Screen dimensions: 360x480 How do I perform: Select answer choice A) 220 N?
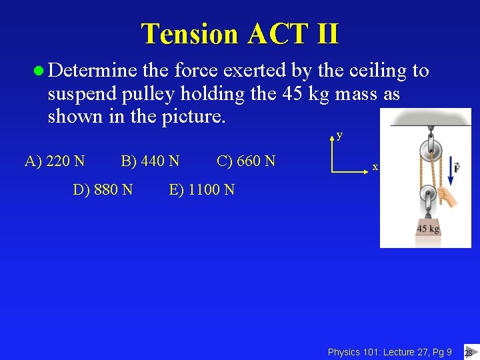tap(55, 161)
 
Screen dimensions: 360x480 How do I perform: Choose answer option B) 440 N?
tap(150, 161)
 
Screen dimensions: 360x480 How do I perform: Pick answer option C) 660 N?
tap(246, 161)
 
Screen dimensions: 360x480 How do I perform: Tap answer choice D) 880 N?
tap(103, 190)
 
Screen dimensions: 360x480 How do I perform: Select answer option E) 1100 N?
tap(202, 190)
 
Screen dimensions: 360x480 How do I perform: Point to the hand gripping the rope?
tap(451, 199)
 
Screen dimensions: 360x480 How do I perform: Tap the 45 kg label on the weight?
tap(427, 229)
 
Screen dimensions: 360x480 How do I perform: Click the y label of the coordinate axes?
tap(340, 135)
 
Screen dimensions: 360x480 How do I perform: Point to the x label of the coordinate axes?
tap(375, 167)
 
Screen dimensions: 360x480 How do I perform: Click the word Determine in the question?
tap(93, 71)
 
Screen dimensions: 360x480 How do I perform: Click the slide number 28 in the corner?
tap(469, 353)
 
